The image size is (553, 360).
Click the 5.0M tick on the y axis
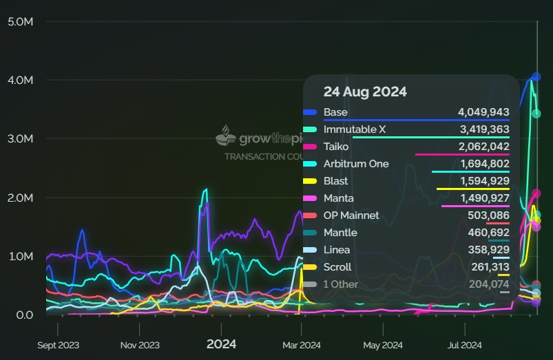(20, 21)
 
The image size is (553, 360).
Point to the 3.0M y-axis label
(20, 139)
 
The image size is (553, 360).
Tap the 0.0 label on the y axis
(24, 315)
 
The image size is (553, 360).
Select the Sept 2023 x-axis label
(59, 345)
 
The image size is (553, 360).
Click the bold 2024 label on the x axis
(221, 344)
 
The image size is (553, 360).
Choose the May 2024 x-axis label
(382, 345)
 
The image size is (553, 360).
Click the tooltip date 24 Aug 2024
(365, 92)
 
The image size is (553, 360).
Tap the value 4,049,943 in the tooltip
(483, 112)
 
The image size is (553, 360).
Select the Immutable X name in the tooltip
(350, 129)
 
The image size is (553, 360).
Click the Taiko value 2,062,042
(483, 147)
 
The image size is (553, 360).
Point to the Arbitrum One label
(356, 164)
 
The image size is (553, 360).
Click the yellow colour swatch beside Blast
(310, 181)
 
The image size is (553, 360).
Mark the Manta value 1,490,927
(483, 198)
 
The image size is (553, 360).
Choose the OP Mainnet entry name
(351, 215)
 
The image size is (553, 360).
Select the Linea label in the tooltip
(337, 250)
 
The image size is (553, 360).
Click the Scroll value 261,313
(487, 267)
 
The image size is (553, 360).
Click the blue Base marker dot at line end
(536, 77)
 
